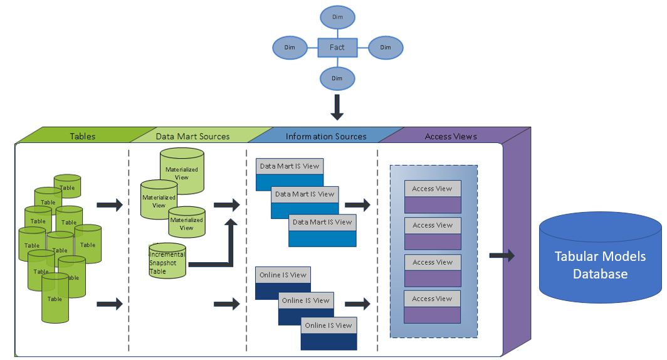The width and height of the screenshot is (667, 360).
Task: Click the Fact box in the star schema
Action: tap(337, 48)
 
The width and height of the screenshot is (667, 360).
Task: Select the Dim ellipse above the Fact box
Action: tap(337, 17)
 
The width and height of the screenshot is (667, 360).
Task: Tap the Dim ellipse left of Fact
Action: tap(290, 48)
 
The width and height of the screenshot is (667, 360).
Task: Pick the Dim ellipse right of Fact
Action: tap(385, 48)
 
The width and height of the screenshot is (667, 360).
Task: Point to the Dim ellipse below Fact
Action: tap(337, 78)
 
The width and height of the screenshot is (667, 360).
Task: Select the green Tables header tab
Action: tap(83, 135)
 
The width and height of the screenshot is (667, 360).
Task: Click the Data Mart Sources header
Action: tap(192, 135)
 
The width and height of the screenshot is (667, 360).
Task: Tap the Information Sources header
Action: tap(326, 135)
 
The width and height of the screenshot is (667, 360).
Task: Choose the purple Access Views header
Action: tap(451, 135)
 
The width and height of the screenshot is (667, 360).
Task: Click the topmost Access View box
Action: tap(432, 196)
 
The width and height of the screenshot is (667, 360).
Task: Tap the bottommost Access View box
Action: tap(432, 307)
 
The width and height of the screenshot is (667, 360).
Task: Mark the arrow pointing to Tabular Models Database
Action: tap(502, 255)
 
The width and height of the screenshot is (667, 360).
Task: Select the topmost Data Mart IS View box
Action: tap(289, 174)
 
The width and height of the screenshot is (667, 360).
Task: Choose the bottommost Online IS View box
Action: tap(328, 333)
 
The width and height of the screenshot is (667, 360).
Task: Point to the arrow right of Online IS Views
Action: tap(357, 304)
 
